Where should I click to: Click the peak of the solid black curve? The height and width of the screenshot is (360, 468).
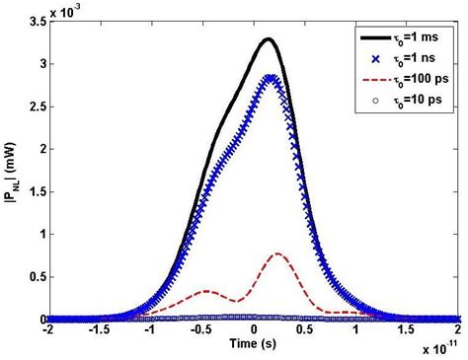[268, 39]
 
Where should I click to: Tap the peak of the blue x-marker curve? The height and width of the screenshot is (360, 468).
[272, 77]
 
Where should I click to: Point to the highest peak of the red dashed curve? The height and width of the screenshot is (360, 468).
[278, 253]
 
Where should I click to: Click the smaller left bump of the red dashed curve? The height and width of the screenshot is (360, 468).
[205, 291]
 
